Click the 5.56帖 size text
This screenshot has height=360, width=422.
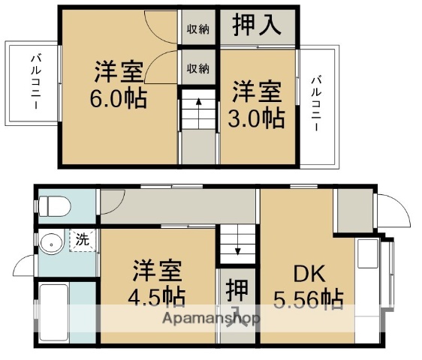310,299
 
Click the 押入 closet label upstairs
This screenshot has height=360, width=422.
256,25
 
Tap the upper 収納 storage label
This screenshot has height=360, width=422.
198,30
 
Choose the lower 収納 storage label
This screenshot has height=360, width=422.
198,68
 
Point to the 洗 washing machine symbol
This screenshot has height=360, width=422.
82,241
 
